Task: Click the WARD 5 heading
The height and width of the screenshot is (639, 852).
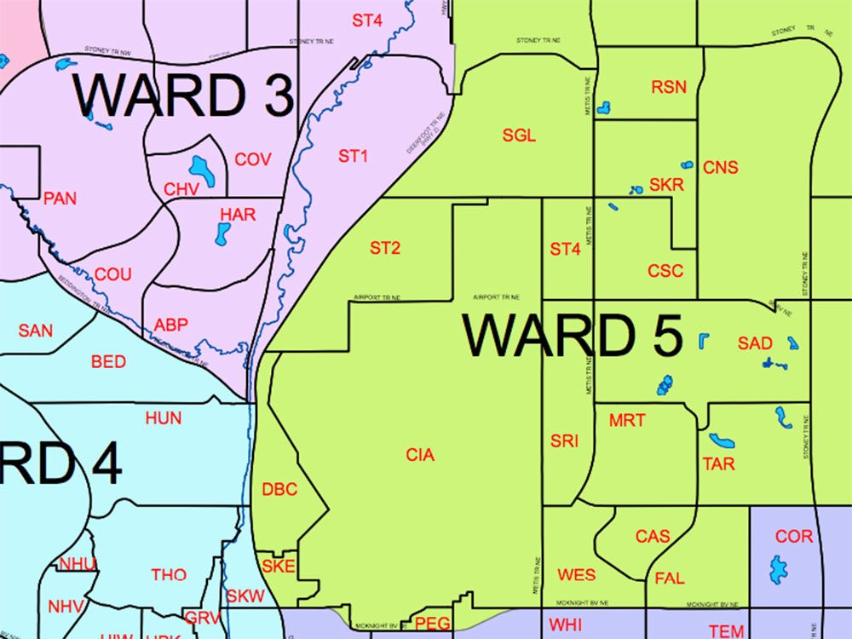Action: [573, 335]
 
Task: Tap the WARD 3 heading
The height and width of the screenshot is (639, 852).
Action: [183, 95]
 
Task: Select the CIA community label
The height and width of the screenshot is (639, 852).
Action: [420, 455]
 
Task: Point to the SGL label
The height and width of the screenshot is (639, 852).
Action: [519, 135]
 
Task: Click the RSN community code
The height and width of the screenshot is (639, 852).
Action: [668, 87]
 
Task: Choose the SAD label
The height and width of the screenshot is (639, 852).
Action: [755, 343]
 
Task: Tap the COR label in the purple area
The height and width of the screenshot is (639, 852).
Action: [794, 537]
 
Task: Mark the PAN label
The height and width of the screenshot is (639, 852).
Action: [60, 199]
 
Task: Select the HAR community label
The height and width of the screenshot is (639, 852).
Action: [238, 215]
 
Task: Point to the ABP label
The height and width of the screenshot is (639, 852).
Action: [171, 325]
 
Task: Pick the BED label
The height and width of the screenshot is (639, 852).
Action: [108, 362]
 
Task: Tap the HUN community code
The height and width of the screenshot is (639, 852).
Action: [163, 418]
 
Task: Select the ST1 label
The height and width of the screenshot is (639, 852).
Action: [353, 156]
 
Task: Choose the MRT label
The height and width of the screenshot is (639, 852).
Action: [627, 420]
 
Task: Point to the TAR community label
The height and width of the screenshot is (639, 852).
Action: [718, 464]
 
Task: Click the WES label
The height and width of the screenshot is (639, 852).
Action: [577, 574]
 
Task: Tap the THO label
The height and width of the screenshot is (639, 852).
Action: [169, 574]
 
